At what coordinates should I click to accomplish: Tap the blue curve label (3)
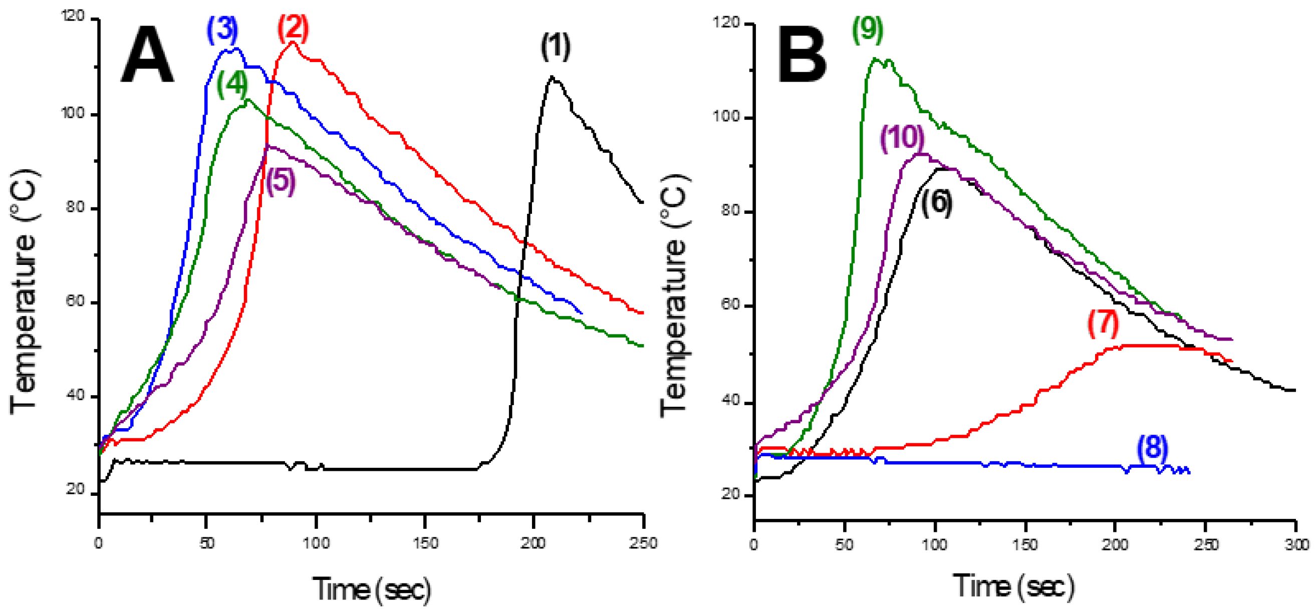point(222,31)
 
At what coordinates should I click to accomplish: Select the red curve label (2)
point(294,29)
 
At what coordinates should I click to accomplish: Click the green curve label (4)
point(232,85)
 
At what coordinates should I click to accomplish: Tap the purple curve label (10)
point(903,138)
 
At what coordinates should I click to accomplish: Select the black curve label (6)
point(936,203)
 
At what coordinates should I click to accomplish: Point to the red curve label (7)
point(1103,324)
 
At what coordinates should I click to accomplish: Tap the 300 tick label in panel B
point(1296,545)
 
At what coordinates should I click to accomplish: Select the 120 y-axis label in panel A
point(73,17)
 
